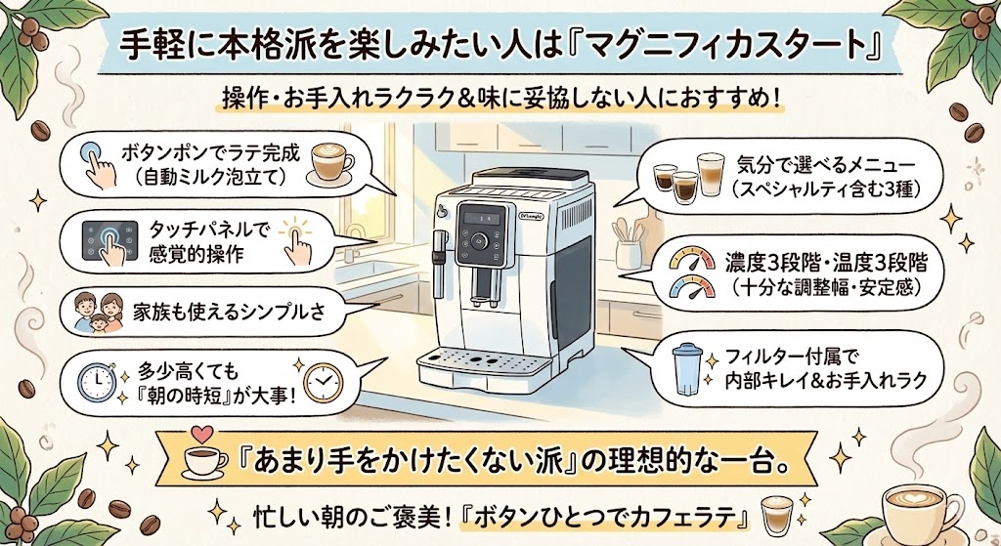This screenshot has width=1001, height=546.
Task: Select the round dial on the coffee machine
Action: coord(480,241)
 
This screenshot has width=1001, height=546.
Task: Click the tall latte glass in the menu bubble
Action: coord(710,173)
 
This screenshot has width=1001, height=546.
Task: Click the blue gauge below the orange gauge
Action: coord(690,287)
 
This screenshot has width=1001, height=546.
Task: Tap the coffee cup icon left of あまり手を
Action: coord(206,460)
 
